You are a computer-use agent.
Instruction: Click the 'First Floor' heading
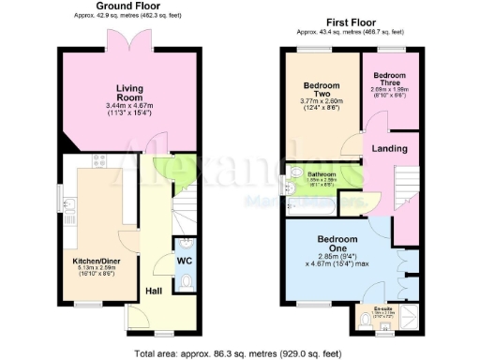click(353, 20)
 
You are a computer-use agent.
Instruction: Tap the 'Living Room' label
click(129, 93)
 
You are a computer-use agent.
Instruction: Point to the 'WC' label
click(184, 261)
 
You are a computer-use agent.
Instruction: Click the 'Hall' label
click(152, 291)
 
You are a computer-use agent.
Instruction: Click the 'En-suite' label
click(382, 307)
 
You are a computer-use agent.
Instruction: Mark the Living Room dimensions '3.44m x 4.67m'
click(129, 108)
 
